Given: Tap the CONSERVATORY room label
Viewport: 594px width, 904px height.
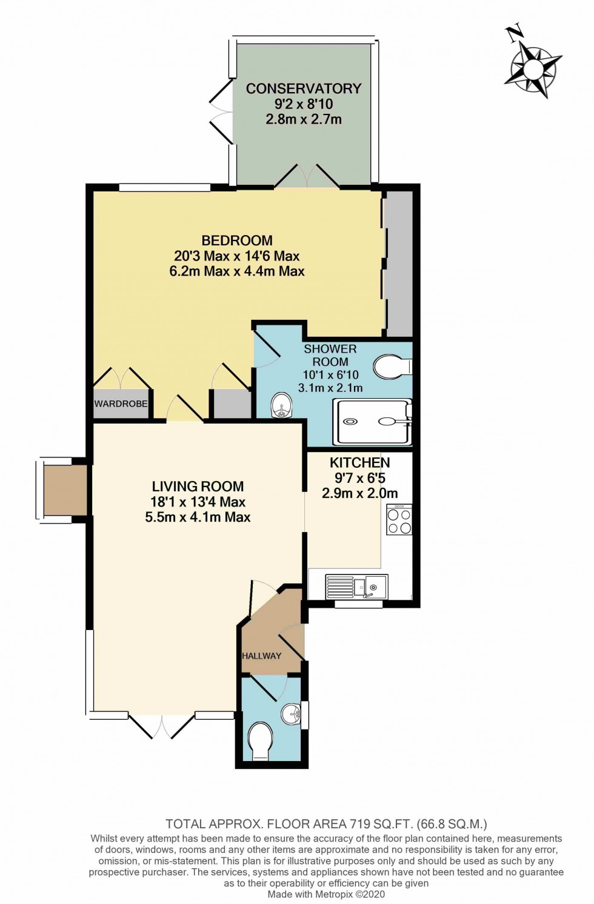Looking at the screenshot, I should (303, 88).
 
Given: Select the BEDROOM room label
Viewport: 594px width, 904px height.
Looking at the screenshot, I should (237, 241).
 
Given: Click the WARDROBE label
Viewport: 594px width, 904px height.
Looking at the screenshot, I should (121, 404).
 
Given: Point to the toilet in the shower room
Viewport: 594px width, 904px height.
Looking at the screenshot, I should (392, 367).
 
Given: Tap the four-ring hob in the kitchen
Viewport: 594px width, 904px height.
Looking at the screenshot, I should (399, 520).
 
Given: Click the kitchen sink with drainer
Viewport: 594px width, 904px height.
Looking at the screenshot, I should (356, 587).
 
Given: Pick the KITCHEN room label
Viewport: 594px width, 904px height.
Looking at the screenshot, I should (359, 463).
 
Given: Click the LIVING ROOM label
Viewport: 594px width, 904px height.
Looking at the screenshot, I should (198, 487).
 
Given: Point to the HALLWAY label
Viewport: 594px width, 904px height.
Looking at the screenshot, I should (262, 656).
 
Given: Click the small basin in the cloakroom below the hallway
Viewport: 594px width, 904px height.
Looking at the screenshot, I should (292, 714).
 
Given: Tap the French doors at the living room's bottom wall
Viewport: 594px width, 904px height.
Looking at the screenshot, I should (162, 725).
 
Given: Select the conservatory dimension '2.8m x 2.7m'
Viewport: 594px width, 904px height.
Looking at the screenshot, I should (303, 119).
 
